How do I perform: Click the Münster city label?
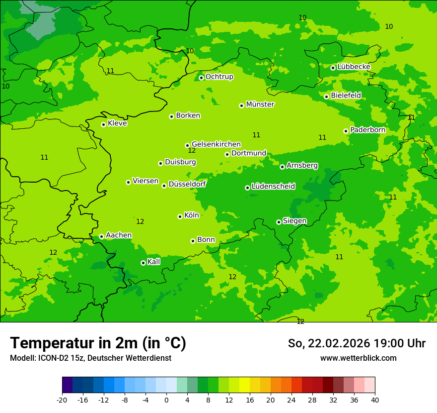[260, 104]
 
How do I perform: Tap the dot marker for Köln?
[180, 216]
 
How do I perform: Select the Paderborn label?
[367, 130]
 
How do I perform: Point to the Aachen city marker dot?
[101, 236]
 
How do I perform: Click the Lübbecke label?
[354, 67]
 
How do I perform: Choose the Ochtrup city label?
[219, 77]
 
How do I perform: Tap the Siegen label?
[294, 221]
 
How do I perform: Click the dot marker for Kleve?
[103, 124]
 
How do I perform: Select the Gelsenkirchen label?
[216, 144]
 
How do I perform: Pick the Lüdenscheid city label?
[273, 187]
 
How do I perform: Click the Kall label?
[154, 262]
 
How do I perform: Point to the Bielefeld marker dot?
[326, 97]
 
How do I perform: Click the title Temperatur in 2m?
[98, 343]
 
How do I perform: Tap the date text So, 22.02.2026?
[331, 343]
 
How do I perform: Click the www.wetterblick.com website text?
[358, 358]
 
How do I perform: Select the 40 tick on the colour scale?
[374, 400]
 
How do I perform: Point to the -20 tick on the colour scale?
[62, 400]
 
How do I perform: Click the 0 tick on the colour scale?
[166, 400]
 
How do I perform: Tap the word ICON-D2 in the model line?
[52, 358]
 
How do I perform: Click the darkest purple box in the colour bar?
[67, 385]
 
